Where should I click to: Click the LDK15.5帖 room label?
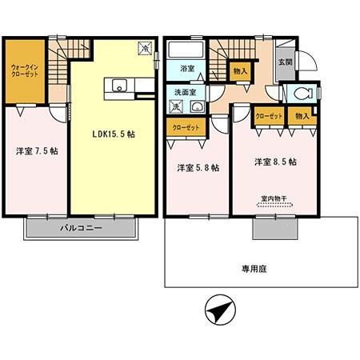(113, 134)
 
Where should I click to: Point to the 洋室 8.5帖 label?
(275, 162)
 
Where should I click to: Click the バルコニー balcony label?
(82, 229)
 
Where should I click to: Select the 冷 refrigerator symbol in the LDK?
(144, 47)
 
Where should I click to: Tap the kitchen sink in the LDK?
(118, 86)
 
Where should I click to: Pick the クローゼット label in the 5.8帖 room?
(182, 126)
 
